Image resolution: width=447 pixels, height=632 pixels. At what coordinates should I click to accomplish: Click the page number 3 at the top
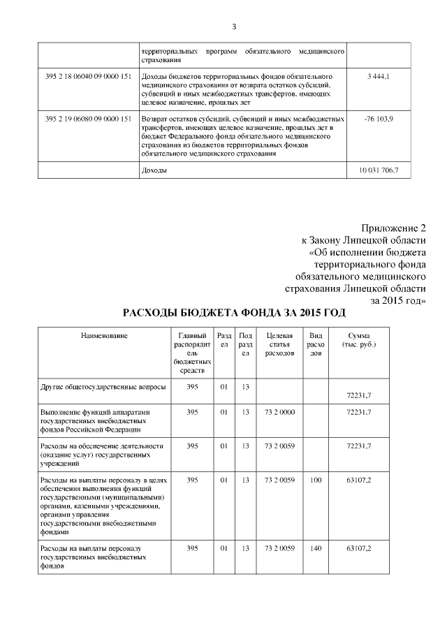click(x=234, y=27)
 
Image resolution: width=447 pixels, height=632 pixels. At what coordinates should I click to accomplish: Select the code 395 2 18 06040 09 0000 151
click(x=88, y=75)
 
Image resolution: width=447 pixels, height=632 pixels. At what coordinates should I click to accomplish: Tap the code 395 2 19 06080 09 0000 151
click(x=88, y=119)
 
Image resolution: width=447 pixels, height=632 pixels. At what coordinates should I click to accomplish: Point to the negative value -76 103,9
click(x=379, y=119)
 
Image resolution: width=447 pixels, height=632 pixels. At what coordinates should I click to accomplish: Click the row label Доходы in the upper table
click(x=154, y=170)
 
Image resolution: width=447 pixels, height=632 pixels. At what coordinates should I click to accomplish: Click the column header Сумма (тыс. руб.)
click(x=359, y=340)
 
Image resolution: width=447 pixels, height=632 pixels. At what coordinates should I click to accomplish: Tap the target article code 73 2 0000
click(x=279, y=412)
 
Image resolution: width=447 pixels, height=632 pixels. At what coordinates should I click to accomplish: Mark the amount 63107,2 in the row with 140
click(x=359, y=548)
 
